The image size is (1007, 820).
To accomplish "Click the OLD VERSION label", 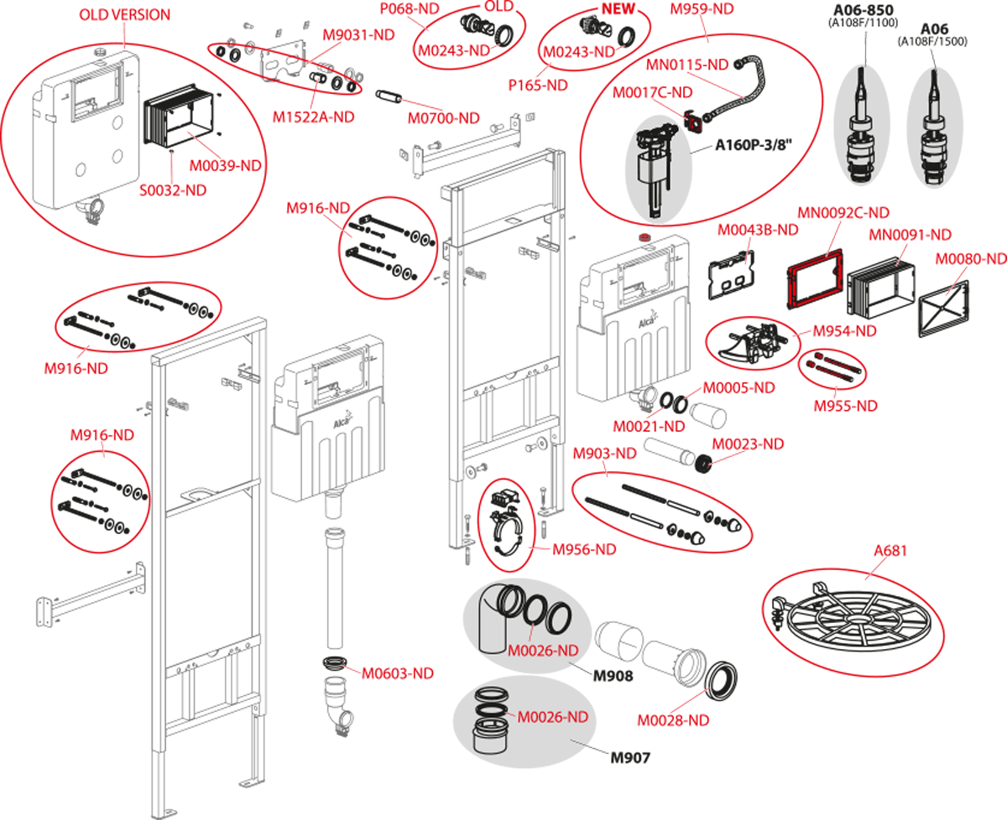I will tap(124, 15).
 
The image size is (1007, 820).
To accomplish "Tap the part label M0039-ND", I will tap(226, 166).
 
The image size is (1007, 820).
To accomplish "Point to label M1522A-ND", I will tap(313, 117).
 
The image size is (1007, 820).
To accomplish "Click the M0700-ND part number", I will tap(444, 119).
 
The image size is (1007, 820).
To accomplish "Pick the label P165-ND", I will tap(538, 86).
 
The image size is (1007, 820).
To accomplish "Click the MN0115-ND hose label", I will tap(687, 64).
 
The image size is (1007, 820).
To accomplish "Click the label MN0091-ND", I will tap(910, 235).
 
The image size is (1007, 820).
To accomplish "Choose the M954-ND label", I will tap(844, 331).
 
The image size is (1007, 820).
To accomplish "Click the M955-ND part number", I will tap(845, 406).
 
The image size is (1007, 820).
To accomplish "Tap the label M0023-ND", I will tap(749, 444).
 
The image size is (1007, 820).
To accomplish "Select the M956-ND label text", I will tap(584, 550).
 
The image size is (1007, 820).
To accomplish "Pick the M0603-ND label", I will tap(398, 673).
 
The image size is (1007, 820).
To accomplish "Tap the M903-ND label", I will tap(605, 454).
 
